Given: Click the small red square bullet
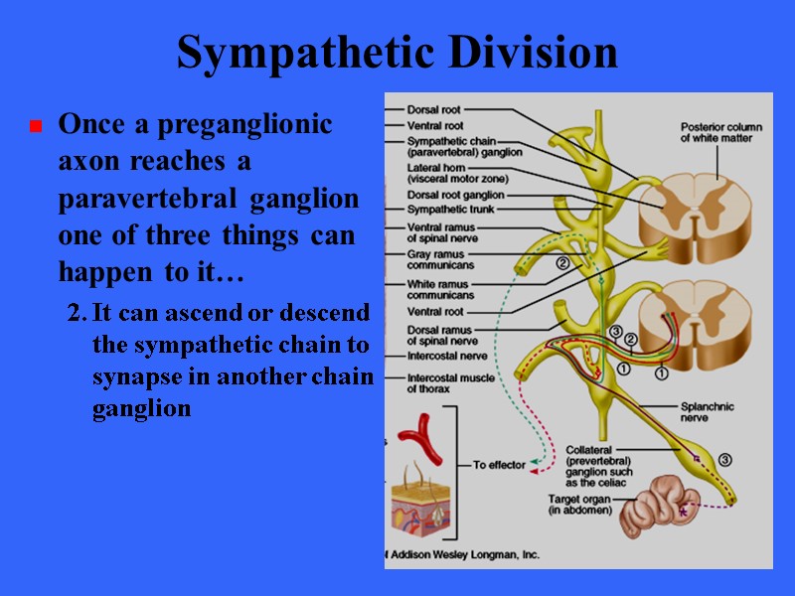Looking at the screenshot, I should pos(35,127).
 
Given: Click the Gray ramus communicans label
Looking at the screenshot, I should pos(440,258).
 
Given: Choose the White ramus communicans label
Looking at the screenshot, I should pos(440,288).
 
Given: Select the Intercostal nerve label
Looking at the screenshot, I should pos(446,355).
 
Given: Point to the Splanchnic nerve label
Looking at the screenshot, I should pos(709,411).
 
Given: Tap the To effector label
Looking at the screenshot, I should pos(499,465).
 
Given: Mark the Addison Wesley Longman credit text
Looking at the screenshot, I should pos(462,554).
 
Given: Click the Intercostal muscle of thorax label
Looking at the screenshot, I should pos(450,383).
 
